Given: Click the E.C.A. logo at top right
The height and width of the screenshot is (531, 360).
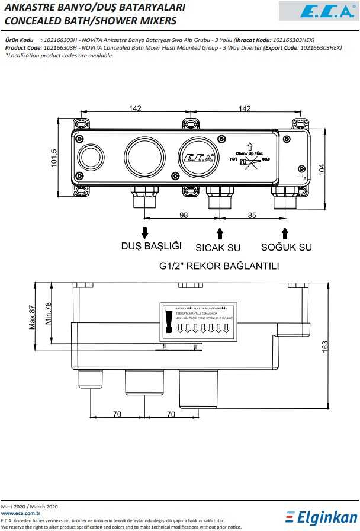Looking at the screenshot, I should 317,11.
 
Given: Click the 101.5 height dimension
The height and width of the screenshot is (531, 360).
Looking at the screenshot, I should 54,157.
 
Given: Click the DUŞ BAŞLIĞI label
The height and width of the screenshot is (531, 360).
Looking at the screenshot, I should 151,247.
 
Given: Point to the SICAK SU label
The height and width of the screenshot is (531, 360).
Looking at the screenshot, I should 218,247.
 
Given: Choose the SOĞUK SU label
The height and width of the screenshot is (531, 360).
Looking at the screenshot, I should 287,247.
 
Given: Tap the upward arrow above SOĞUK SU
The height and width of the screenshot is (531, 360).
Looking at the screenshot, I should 285,232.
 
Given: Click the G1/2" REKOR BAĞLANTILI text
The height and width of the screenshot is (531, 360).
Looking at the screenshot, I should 219,266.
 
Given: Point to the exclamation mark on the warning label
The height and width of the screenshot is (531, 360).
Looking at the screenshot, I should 169,322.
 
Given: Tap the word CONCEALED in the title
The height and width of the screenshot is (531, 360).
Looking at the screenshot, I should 31,21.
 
